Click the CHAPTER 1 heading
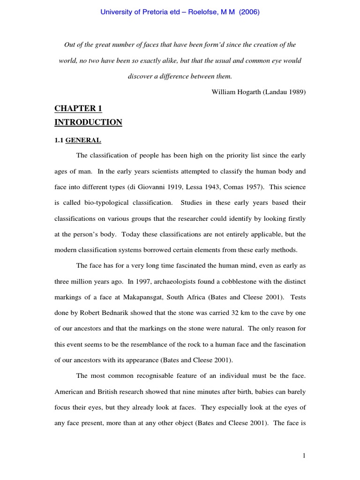(78, 109)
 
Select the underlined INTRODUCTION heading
(88, 122)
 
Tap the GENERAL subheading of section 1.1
(83, 140)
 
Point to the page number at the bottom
(304, 455)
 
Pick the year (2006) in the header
(249, 13)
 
